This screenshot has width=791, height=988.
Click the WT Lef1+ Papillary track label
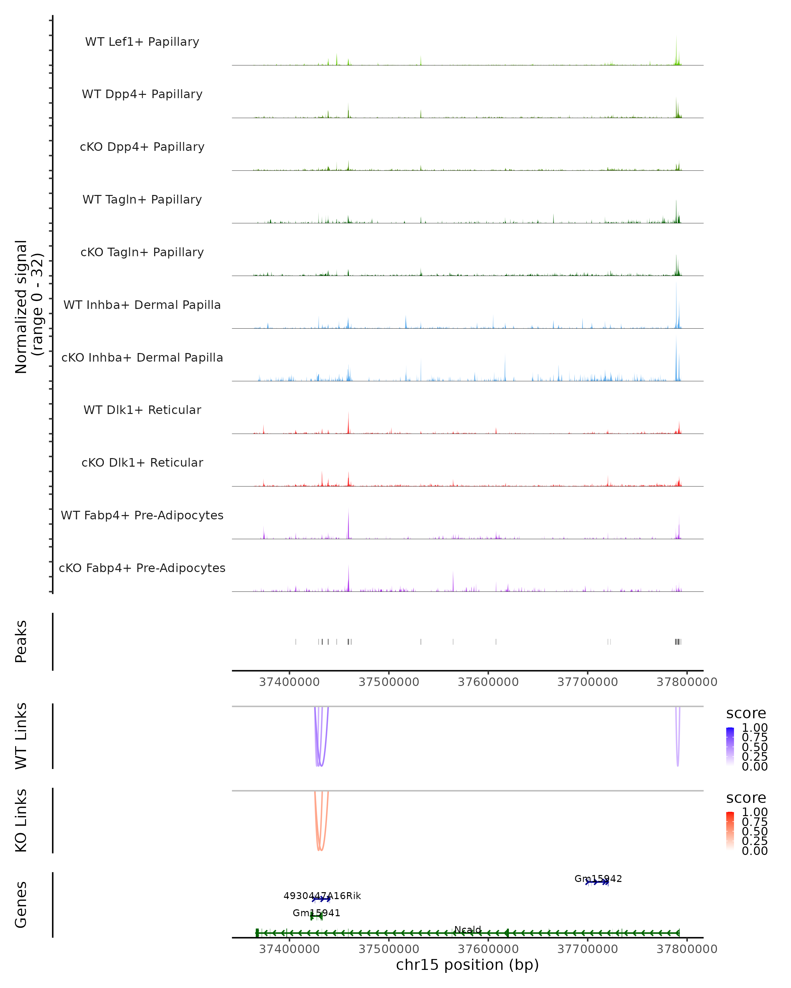[142, 42]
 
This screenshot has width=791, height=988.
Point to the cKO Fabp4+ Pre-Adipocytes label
[142, 568]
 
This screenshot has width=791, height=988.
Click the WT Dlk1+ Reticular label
[142, 410]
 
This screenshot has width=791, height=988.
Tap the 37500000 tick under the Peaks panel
[389, 682]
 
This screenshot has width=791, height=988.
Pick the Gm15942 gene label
[598, 878]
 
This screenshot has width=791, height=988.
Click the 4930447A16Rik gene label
[322, 895]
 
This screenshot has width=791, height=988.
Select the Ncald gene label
[468, 929]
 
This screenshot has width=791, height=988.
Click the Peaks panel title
[21, 641]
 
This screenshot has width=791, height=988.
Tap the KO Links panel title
[21, 820]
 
